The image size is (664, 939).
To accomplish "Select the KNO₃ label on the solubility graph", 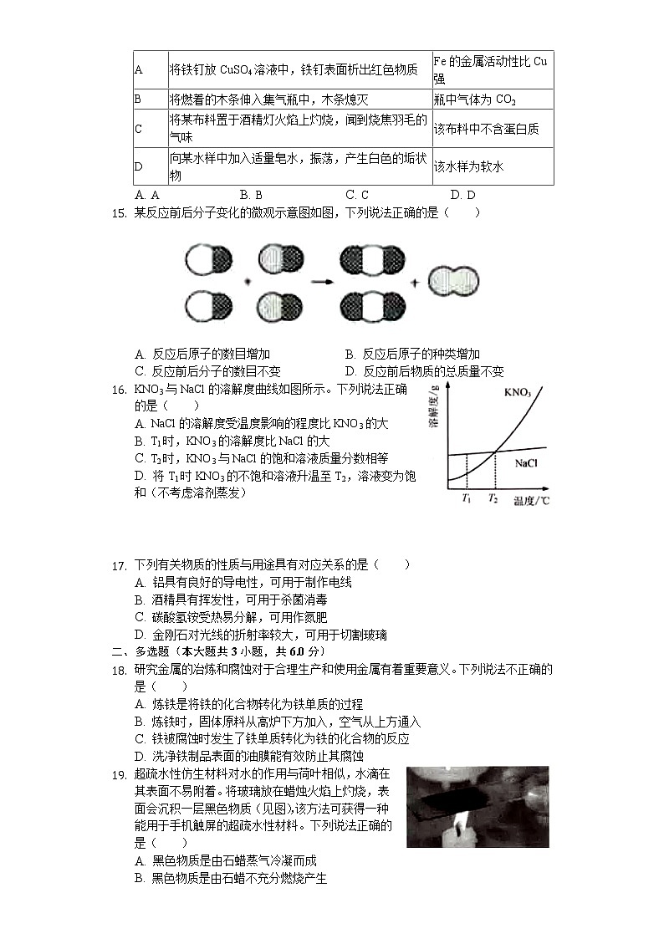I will pos(518,391).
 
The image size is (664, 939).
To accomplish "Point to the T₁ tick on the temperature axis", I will pos(466,499).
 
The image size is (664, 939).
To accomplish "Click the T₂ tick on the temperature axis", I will pos(494,499).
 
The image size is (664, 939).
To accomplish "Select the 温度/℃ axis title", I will pos(531,500).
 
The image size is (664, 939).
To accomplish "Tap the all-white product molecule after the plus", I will pos(452,281).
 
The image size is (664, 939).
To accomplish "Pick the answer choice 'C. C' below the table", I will pos(357,196).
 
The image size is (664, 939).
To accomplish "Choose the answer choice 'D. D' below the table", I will pos(462,196).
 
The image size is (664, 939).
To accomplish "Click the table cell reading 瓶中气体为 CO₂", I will pos(474,100).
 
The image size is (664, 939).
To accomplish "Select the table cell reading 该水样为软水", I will pos(468,167).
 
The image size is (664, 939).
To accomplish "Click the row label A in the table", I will pos(139,70).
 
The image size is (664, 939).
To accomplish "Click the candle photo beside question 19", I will pos(477,807).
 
